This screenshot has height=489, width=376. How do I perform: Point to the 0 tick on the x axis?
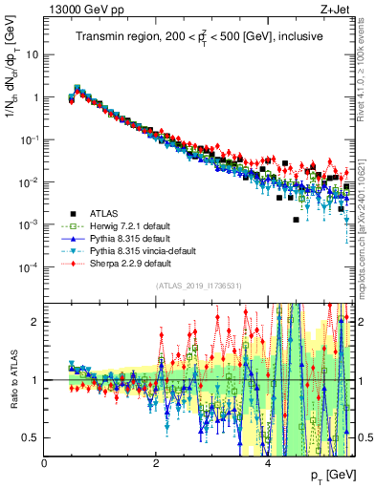pos(45,461)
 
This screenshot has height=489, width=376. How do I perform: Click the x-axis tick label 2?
pos(155,461)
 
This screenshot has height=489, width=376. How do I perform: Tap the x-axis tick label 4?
pos(267,461)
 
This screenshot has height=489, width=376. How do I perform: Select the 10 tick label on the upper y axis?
pos(32,54)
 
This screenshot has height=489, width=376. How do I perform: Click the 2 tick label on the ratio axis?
pos(36,322)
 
